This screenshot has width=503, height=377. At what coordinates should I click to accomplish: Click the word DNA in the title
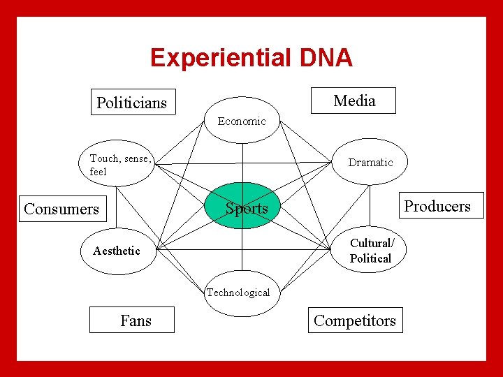[326, 58]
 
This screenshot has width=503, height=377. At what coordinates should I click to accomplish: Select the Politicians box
[133, 103]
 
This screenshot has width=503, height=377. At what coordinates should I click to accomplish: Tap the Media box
[354, 101]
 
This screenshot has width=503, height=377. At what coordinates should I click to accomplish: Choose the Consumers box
[61, 209]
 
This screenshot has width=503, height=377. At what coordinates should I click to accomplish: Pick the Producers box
[437, 206]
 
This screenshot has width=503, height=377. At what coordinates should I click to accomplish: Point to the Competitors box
[355, 320]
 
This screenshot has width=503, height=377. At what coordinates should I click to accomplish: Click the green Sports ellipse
[245, 207]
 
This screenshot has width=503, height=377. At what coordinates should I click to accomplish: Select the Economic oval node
[242, 122]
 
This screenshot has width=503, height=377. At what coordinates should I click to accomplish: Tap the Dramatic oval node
[370, 163]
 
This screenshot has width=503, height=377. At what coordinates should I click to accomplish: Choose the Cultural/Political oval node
[370, 251]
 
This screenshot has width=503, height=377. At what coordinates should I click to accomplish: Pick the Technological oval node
[238, 293]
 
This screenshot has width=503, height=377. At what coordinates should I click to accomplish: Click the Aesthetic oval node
[117, 251]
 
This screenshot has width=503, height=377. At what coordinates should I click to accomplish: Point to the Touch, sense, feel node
[119, 165]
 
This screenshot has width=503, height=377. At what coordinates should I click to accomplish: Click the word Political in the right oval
[370, 258]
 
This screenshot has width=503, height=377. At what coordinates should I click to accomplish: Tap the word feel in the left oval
[99, 171]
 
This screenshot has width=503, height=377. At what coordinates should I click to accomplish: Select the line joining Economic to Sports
[242, 164]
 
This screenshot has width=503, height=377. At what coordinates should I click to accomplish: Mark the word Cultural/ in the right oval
[372, 243]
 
